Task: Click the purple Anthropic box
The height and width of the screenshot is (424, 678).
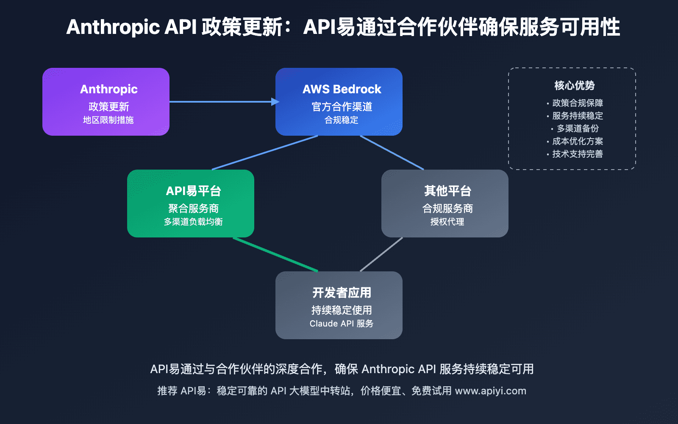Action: tap(106, 102)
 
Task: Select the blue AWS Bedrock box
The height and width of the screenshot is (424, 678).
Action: tap(339, 102)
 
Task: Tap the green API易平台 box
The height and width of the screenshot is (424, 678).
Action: tap(191, 204)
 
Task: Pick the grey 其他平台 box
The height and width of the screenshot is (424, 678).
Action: tap(445, 204)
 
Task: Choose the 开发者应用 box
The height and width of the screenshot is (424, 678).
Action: tap(339, 305)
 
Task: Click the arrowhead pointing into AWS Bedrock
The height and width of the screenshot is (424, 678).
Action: tap(275, 102)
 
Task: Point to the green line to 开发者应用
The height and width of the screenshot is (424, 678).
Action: tap(275, 254)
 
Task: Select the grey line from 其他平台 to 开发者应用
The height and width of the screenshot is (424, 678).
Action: tap(381, 254)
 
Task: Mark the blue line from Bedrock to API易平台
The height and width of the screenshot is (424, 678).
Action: tap(265, 153)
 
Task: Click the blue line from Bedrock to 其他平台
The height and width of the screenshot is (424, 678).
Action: tap(392, 153)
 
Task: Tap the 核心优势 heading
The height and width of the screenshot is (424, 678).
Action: tap(574, 86)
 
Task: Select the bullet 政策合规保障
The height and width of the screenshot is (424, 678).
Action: tap(577, 103)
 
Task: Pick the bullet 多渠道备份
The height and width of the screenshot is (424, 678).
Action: tap(577, 128)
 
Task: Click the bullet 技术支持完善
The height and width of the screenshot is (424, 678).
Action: tap(577, 154)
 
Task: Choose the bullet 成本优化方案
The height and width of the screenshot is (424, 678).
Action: tap(577, 141)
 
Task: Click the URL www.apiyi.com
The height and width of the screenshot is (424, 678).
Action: tap(490, 391)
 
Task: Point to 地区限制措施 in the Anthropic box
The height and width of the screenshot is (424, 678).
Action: tap(108, 120)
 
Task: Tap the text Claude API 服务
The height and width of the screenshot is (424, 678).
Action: tap(341, 324)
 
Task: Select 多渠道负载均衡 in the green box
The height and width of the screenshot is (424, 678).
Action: tap(193, 222)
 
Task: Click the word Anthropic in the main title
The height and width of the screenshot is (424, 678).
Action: tap(113, 27)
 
